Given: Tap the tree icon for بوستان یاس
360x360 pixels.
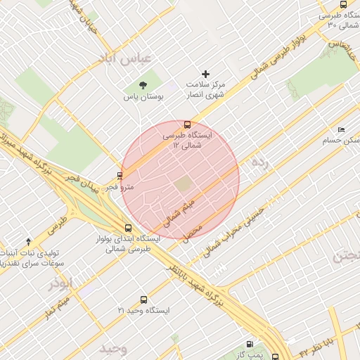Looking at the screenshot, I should pyautogui.click(x=143, y=86).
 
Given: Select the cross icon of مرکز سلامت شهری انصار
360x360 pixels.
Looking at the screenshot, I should pyautogui.click(x=205, y=74).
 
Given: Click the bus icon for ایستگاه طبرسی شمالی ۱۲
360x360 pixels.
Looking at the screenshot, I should pyautogui.click(x=186, y=124).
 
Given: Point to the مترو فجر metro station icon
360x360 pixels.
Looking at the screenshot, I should pyautogui.click(x=120, y=176).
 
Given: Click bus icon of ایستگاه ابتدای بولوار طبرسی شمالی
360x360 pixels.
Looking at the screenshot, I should pyautogui.click(x=127, y=228).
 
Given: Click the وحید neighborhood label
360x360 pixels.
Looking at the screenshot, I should pyautogui.click(x=112, y=349).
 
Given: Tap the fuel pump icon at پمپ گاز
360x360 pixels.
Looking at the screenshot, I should pyautogui.click(x=250, y=344).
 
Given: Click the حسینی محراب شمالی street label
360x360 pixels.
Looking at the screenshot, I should pyautogui.click(x=236, y=232).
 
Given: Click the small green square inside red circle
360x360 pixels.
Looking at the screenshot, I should pyautogui.click(x=183, y=184).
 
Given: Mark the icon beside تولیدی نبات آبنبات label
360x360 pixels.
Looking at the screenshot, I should pyautogui.click(x=28, y=241).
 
